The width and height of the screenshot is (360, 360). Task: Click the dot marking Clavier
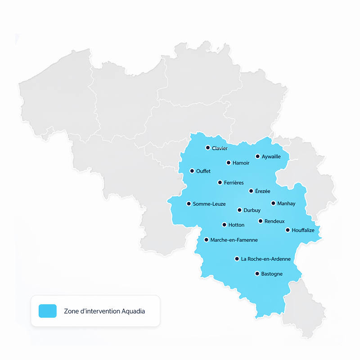208,148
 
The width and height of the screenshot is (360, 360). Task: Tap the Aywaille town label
271,157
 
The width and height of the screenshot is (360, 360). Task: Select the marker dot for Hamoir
229,162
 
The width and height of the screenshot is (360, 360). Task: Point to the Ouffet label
203,171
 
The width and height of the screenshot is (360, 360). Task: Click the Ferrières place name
234,183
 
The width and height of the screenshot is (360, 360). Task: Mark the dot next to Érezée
251,191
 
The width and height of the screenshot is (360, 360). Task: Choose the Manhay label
286,203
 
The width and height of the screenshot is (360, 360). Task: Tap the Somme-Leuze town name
209,204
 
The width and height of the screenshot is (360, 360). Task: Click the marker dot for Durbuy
239,210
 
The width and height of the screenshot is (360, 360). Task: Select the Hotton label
236,225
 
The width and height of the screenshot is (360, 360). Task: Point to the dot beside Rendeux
261,221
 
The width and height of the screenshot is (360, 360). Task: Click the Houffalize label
303,230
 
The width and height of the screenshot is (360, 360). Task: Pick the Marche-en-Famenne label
234,240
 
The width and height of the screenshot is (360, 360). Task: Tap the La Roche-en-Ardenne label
265,259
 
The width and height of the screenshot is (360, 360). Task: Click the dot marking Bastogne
257,273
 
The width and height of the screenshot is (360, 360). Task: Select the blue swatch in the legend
48,311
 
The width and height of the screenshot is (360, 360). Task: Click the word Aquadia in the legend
133,311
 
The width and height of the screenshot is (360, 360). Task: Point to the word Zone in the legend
72,311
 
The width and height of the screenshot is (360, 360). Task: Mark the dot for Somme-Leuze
189,203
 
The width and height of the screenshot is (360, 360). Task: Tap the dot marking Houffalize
288,230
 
